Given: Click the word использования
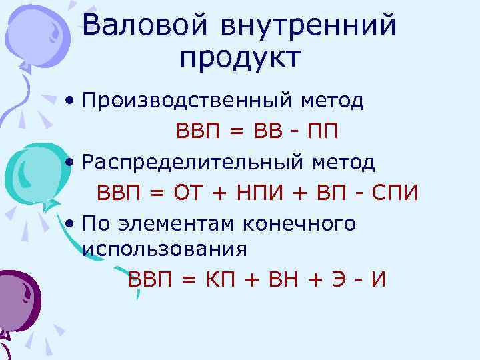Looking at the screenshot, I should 165,249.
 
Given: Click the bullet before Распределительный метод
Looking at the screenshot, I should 70,163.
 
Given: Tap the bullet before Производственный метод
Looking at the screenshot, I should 70,102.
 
